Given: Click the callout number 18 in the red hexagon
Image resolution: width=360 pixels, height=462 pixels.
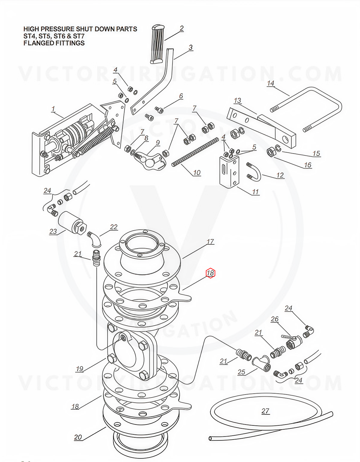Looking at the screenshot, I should pyautogui.click(x=210, y=273).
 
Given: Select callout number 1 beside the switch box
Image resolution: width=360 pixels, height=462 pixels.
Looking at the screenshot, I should pyautogui.click(x=53, y=109).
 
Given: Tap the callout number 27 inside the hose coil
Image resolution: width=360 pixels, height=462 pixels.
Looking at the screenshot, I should pyautogui.click(x=265, y=411).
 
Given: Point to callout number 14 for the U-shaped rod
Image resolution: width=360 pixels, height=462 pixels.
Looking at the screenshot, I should pyautogui.click(x=270, y=83).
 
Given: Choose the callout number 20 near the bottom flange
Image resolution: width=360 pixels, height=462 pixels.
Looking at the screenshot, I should pyautogui.click(x=78, y=437).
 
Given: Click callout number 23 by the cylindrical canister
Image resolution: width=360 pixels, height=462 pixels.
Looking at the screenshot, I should pyautogui.click(x=53, y=231).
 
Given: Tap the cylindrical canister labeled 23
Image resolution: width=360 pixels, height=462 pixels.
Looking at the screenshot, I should pyautogui.click(x=71, y=223).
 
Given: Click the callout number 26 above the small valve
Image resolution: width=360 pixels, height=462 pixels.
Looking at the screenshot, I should pyautogui.click(x=275, y=319).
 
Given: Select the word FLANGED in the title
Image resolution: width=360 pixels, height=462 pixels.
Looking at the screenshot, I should pyautogui.click(x=37, y=43).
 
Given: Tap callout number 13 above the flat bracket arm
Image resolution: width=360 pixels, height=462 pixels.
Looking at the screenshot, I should pyautogui.click(x=238, y=100).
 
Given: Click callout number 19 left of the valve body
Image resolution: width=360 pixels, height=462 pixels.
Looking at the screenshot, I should pyautogui.click(x=79, y=368).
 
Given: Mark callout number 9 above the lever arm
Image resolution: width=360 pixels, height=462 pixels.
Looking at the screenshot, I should pyautogui.click(x=158, y=143).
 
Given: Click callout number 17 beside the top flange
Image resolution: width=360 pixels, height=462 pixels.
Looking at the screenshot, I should pyautogui.click(x=210, y=241).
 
